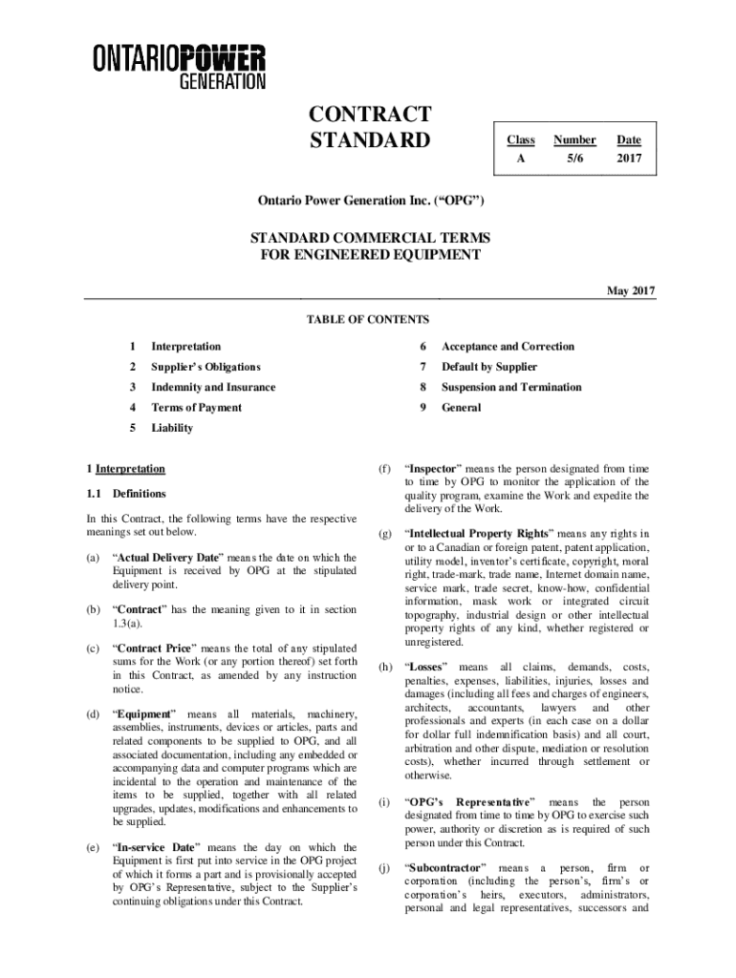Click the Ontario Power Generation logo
(179, 67)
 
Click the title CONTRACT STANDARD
(369, 128)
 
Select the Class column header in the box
(520, 139)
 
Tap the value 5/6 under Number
(574, 159)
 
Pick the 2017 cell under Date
(628, 159)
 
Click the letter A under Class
(520, 159)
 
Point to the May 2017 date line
(630, 290)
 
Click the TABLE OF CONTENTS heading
(367, 319)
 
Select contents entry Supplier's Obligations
(206, 367)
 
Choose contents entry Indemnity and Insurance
(213, 387)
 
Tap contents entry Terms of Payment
(196, 408)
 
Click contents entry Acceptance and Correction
(508, 347)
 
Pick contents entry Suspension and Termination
(510, 387)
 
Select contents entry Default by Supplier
(488, 367)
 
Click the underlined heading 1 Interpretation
(125, 469)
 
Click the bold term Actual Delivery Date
(167, 557)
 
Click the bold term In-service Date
(156, 847)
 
